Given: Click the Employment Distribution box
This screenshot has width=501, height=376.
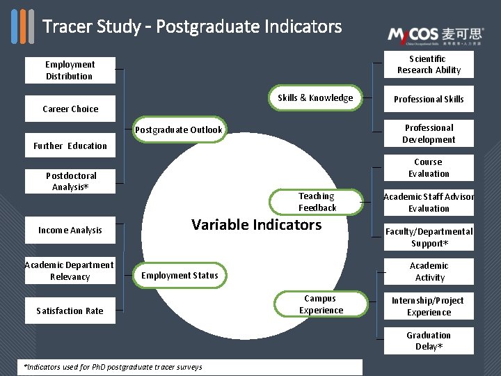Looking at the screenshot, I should pyautogui.click(x=70, y=70).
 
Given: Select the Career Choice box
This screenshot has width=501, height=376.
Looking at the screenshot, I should pyautogui.click(x=70, y=109).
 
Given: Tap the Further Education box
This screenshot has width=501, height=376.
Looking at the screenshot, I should pyautogui.click(x=70, y=146).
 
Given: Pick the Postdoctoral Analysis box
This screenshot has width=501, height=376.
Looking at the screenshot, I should pyautogui.click(x=70, y=181).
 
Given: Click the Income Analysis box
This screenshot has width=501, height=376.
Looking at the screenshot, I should pyautogui.click(x=70, y=230).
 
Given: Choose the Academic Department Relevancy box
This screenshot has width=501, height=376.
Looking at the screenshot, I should pyautogui.click(x=70, y=271).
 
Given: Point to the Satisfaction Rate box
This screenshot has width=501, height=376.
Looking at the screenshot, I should pyautogui.click(x=70, y=311).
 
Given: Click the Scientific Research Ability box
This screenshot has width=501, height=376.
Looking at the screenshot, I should pyautogui.click(x=429, y=64).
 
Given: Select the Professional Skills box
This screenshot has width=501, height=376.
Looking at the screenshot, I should pyautogui.click(x=429, y=99).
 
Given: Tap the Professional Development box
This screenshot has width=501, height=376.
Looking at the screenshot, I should pyautogui.click(x=429, y=134).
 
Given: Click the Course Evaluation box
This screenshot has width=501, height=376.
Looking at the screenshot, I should pyautogui.click(x=429, y=168).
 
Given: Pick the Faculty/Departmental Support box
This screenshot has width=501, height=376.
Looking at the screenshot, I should pyautogui.click(x=429, y=237).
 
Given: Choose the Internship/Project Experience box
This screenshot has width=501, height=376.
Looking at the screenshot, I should pyautogui.click(x=429, y=306).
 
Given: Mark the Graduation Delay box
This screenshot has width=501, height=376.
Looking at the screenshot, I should pyautogui.click(x=429, y=340).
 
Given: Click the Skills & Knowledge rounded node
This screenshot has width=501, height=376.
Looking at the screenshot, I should pyautogui.click(x=315, y=98).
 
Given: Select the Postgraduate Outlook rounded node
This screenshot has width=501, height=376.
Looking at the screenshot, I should pyautogui.click(x=179, y=130).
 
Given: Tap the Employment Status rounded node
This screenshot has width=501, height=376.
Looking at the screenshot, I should pyautogui.click(x=180, y=276).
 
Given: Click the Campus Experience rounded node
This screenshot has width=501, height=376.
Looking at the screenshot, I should pyautogui.click(x=321, y=304).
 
